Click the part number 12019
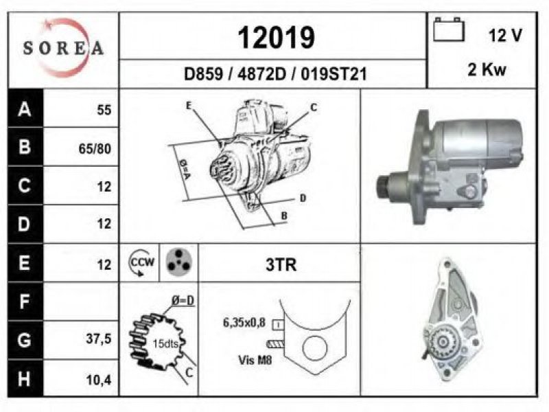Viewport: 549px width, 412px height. coord(277,38)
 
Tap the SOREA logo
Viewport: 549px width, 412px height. coord(63,47)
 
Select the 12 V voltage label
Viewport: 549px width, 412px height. coord(505,35)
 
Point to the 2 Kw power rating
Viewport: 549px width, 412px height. coord(487,69)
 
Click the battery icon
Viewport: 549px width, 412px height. coord(449,30)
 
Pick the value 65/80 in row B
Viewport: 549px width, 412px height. coord(95,149)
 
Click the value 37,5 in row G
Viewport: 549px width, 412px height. coord(98,339)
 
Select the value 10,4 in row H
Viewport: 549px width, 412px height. coord(98,380)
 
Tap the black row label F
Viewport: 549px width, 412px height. coord(25,301)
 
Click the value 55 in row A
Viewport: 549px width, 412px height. coord(104,110)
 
